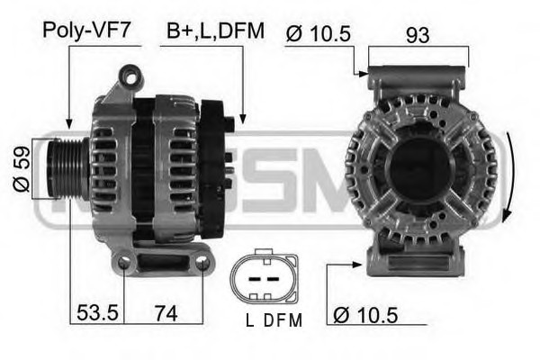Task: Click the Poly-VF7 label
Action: coord(86,31)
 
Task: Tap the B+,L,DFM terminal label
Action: coord(216,31)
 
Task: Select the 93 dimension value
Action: coord(418,35)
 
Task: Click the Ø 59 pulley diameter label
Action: coord(21,169)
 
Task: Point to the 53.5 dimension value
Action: coord(97,313)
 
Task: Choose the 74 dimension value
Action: coord(166,313)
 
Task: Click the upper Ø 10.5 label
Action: coord(318,34)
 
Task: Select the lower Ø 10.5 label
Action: coord(365,315)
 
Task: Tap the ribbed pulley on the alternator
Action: coord(67,169)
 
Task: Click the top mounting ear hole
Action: coord(130,78)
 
